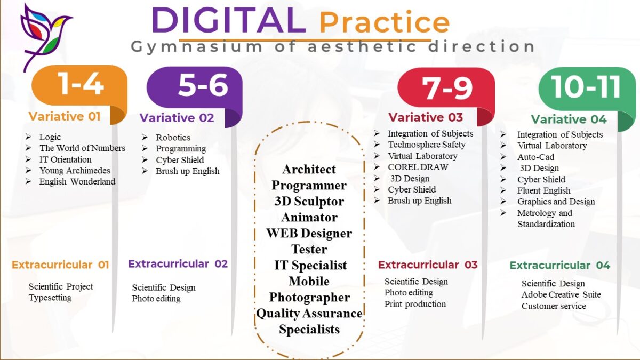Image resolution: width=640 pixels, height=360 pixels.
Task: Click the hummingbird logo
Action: click(46, 36)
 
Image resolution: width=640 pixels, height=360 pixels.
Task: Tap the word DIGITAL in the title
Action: click(229, 20)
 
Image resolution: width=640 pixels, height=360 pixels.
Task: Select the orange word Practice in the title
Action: click(385, 22)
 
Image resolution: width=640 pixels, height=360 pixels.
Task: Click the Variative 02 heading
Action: click(177, 118)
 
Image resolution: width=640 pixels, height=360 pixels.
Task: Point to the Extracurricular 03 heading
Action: click(428, 265)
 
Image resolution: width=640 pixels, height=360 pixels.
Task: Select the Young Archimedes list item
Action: click(75, 171)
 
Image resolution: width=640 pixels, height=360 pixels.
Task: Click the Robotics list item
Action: click(173, 138)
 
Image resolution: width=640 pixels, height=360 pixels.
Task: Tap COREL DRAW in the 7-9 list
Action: click(418, 167)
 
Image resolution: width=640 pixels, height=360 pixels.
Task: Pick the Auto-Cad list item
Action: click(535, 157)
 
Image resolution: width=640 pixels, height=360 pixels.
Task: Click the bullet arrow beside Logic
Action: click(28, 137)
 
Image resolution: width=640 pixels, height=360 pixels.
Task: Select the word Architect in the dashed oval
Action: click(309, 170)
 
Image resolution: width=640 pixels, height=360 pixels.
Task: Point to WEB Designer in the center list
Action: click(309, 234)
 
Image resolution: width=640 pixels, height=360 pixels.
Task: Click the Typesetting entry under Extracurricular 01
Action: click(50, 298)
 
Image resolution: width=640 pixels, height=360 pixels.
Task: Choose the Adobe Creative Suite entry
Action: click(561, 294)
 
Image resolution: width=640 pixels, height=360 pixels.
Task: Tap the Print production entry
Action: click(415, 304)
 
